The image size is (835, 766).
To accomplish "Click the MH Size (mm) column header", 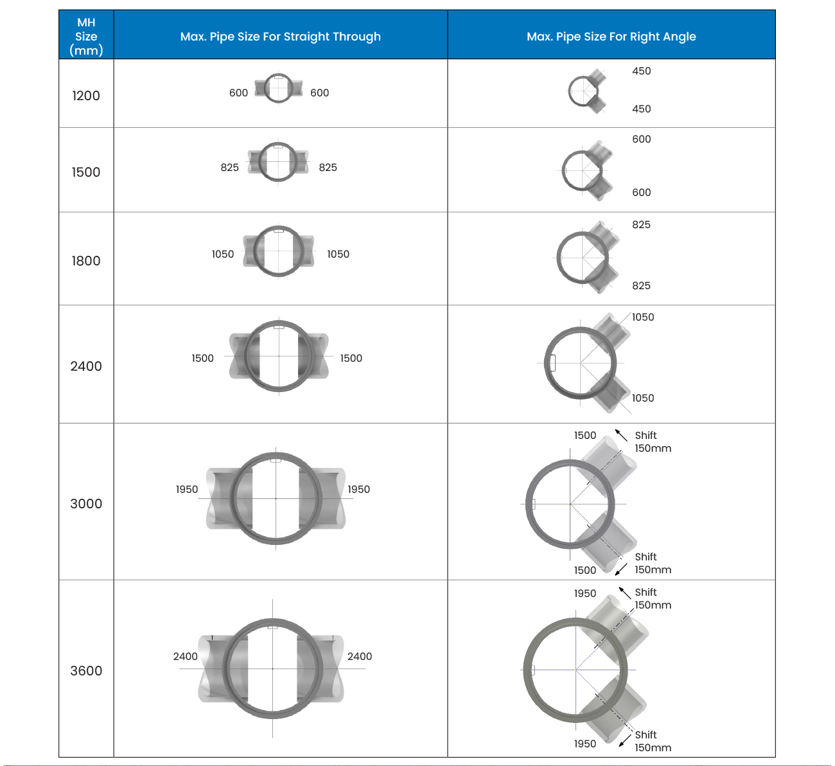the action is pyautogui.click(x=86, y=36).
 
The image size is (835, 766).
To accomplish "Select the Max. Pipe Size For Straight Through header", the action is pyautogui.click(x=280, y=37).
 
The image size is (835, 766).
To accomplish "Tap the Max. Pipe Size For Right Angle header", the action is pyautogui.click(x=611, y=37).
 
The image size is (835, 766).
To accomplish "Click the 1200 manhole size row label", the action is pyautogui.click(x=86, y=95).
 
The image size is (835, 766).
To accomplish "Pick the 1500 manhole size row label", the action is pyautogui.click(x=86, y=172).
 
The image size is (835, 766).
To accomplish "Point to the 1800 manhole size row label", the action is pyautogui.click(x=86, y=261).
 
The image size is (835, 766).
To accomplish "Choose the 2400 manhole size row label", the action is pyautogui.click(x=86, y=366).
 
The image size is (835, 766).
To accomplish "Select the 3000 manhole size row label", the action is pyautogui.click(x=86, y=504).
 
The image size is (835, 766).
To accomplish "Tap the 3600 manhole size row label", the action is pyautogui.click(x=86, y=671).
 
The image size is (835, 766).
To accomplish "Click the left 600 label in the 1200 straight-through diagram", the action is pyautogui.click(x=238, y=93).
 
